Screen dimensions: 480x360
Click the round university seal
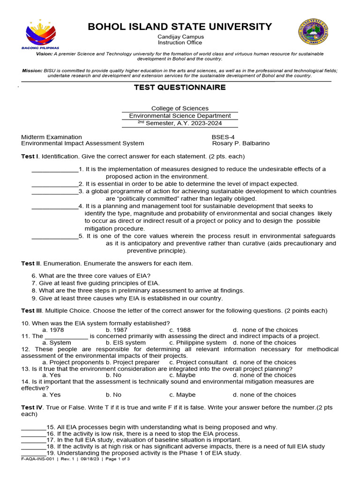point(313,32)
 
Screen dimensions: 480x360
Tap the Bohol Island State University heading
point(180,26)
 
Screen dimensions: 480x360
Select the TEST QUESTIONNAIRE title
point(180,87)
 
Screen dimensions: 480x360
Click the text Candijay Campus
point(180,37)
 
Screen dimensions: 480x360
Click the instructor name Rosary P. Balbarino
point(241,143)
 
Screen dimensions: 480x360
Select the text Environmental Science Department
point(180,116)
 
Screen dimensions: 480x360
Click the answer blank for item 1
point(55,169)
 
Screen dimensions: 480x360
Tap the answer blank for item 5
point(55,236)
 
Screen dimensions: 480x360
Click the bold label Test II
point(31,263)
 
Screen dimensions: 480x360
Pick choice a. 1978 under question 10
point(53,330)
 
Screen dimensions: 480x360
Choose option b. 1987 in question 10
point(117,330)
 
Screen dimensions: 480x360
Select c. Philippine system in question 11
point(198,343)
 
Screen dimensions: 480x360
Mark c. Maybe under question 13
point(182,375)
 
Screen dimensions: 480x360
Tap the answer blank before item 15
point(34,427)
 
